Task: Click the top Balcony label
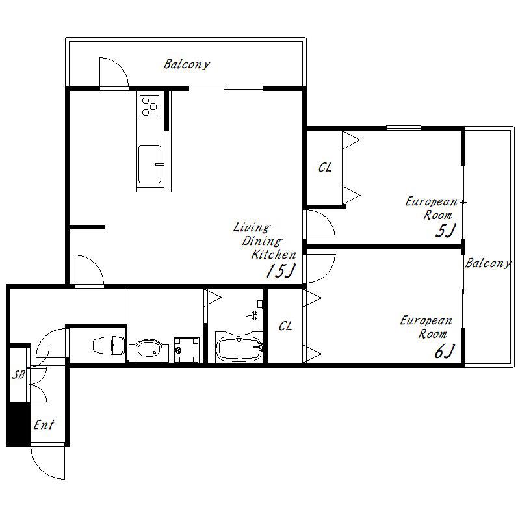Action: [x=187, y=64]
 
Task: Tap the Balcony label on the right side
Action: [x=488, y=263]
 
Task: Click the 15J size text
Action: [x=281, y=271]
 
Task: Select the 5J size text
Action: [x=446, y=231]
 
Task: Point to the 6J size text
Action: [x=445, y=352]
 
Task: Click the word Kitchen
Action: [x=274, y=255]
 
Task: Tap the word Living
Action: [x=252, y=228]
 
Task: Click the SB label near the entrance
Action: [x=19, y=375]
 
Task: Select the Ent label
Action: [x=44, y=425]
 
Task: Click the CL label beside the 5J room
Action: [x=325, y=168]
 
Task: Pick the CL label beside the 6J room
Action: [x=285, y=326]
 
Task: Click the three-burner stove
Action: [x=149, y=107]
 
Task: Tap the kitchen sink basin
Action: [x=150, y=164]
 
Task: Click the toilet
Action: [x=109, y=345]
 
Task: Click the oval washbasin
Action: [x=149, y=350]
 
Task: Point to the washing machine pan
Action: [x=187, y=350]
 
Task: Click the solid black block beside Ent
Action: [x=18, y=424]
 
